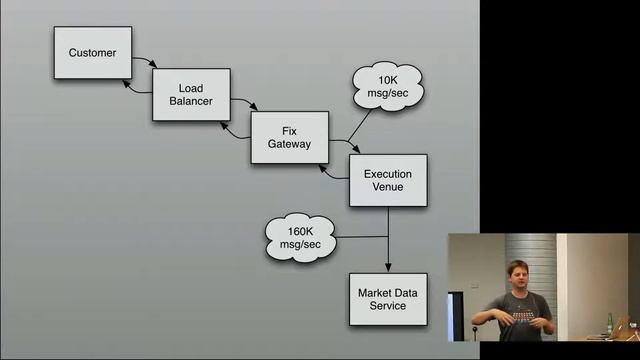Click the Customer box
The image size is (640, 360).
tap(92, 52)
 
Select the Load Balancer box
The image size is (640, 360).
tap(191, 94)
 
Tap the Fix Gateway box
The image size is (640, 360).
tap(289, 136)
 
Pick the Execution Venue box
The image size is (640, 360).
tap(387, 180)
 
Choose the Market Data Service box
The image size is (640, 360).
tap(387, 298)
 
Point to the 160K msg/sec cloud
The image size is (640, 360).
tap(300, 238)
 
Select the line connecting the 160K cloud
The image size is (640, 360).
tap(360, 237)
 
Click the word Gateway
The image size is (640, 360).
tap(289, 144)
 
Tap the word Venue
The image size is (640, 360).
tap(388, 188)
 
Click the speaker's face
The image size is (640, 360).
tap(521, 275)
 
